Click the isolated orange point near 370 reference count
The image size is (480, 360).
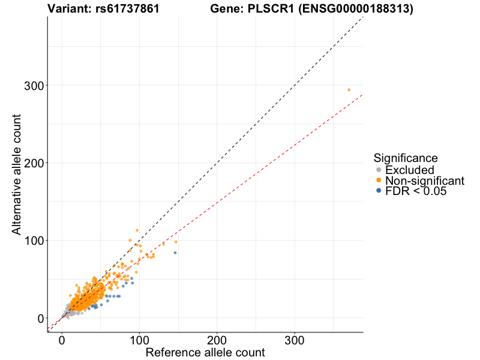(349, 90)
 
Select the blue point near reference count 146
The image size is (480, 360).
(175, 253)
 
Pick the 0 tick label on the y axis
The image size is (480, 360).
(40, 318)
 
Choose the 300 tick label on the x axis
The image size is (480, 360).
(294, 340)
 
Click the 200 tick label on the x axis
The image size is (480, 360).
(217, 340)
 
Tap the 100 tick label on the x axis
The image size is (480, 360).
(139, 340)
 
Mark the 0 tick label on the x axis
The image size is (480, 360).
(62, 340)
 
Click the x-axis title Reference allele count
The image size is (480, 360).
(205, 352)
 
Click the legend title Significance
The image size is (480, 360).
(406, 158)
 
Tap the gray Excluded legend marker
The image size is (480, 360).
(378, 170)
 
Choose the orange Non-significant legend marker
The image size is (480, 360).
(378, 181)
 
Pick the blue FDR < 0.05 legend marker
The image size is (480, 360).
(378, 191)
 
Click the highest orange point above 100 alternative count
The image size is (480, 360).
(137, 230)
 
